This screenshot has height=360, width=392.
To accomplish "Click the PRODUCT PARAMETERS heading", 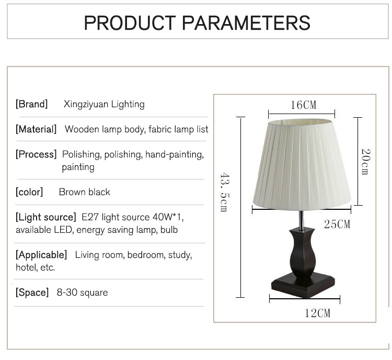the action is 197,23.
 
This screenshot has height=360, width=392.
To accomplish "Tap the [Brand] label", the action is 31,104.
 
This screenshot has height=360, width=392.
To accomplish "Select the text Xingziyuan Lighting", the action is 104,105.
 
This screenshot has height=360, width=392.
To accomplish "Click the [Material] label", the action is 36,129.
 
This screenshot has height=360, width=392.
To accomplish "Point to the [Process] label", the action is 36,154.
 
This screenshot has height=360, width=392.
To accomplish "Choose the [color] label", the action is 29,192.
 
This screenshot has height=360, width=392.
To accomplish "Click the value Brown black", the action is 85,192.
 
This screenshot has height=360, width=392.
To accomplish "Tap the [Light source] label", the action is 46,217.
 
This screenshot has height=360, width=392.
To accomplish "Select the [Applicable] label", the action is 41,255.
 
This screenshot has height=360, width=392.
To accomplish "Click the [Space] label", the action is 32,292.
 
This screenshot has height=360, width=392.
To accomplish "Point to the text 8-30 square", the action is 82,292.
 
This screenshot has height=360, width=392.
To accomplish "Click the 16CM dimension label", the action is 304,105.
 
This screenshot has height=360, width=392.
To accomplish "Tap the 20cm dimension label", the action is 365,162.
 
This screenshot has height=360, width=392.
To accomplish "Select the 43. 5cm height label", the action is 225,192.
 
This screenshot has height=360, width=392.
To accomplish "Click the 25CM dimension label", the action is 337,224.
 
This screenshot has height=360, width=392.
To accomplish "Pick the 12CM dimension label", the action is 317,313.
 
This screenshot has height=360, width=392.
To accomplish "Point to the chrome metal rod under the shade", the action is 302,220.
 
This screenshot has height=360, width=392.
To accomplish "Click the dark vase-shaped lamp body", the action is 302,253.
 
